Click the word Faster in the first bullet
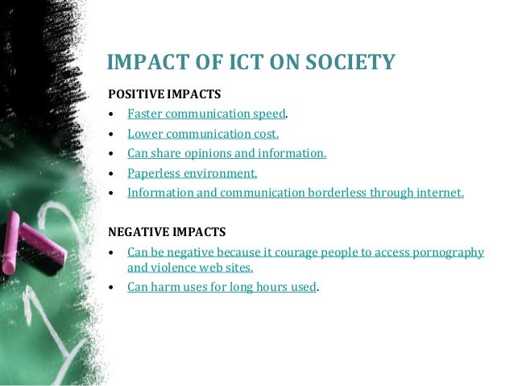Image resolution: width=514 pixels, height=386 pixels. [146, 114]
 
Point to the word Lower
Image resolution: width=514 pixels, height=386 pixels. [145, 133]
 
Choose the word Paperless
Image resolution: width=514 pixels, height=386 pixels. [155, 172]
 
